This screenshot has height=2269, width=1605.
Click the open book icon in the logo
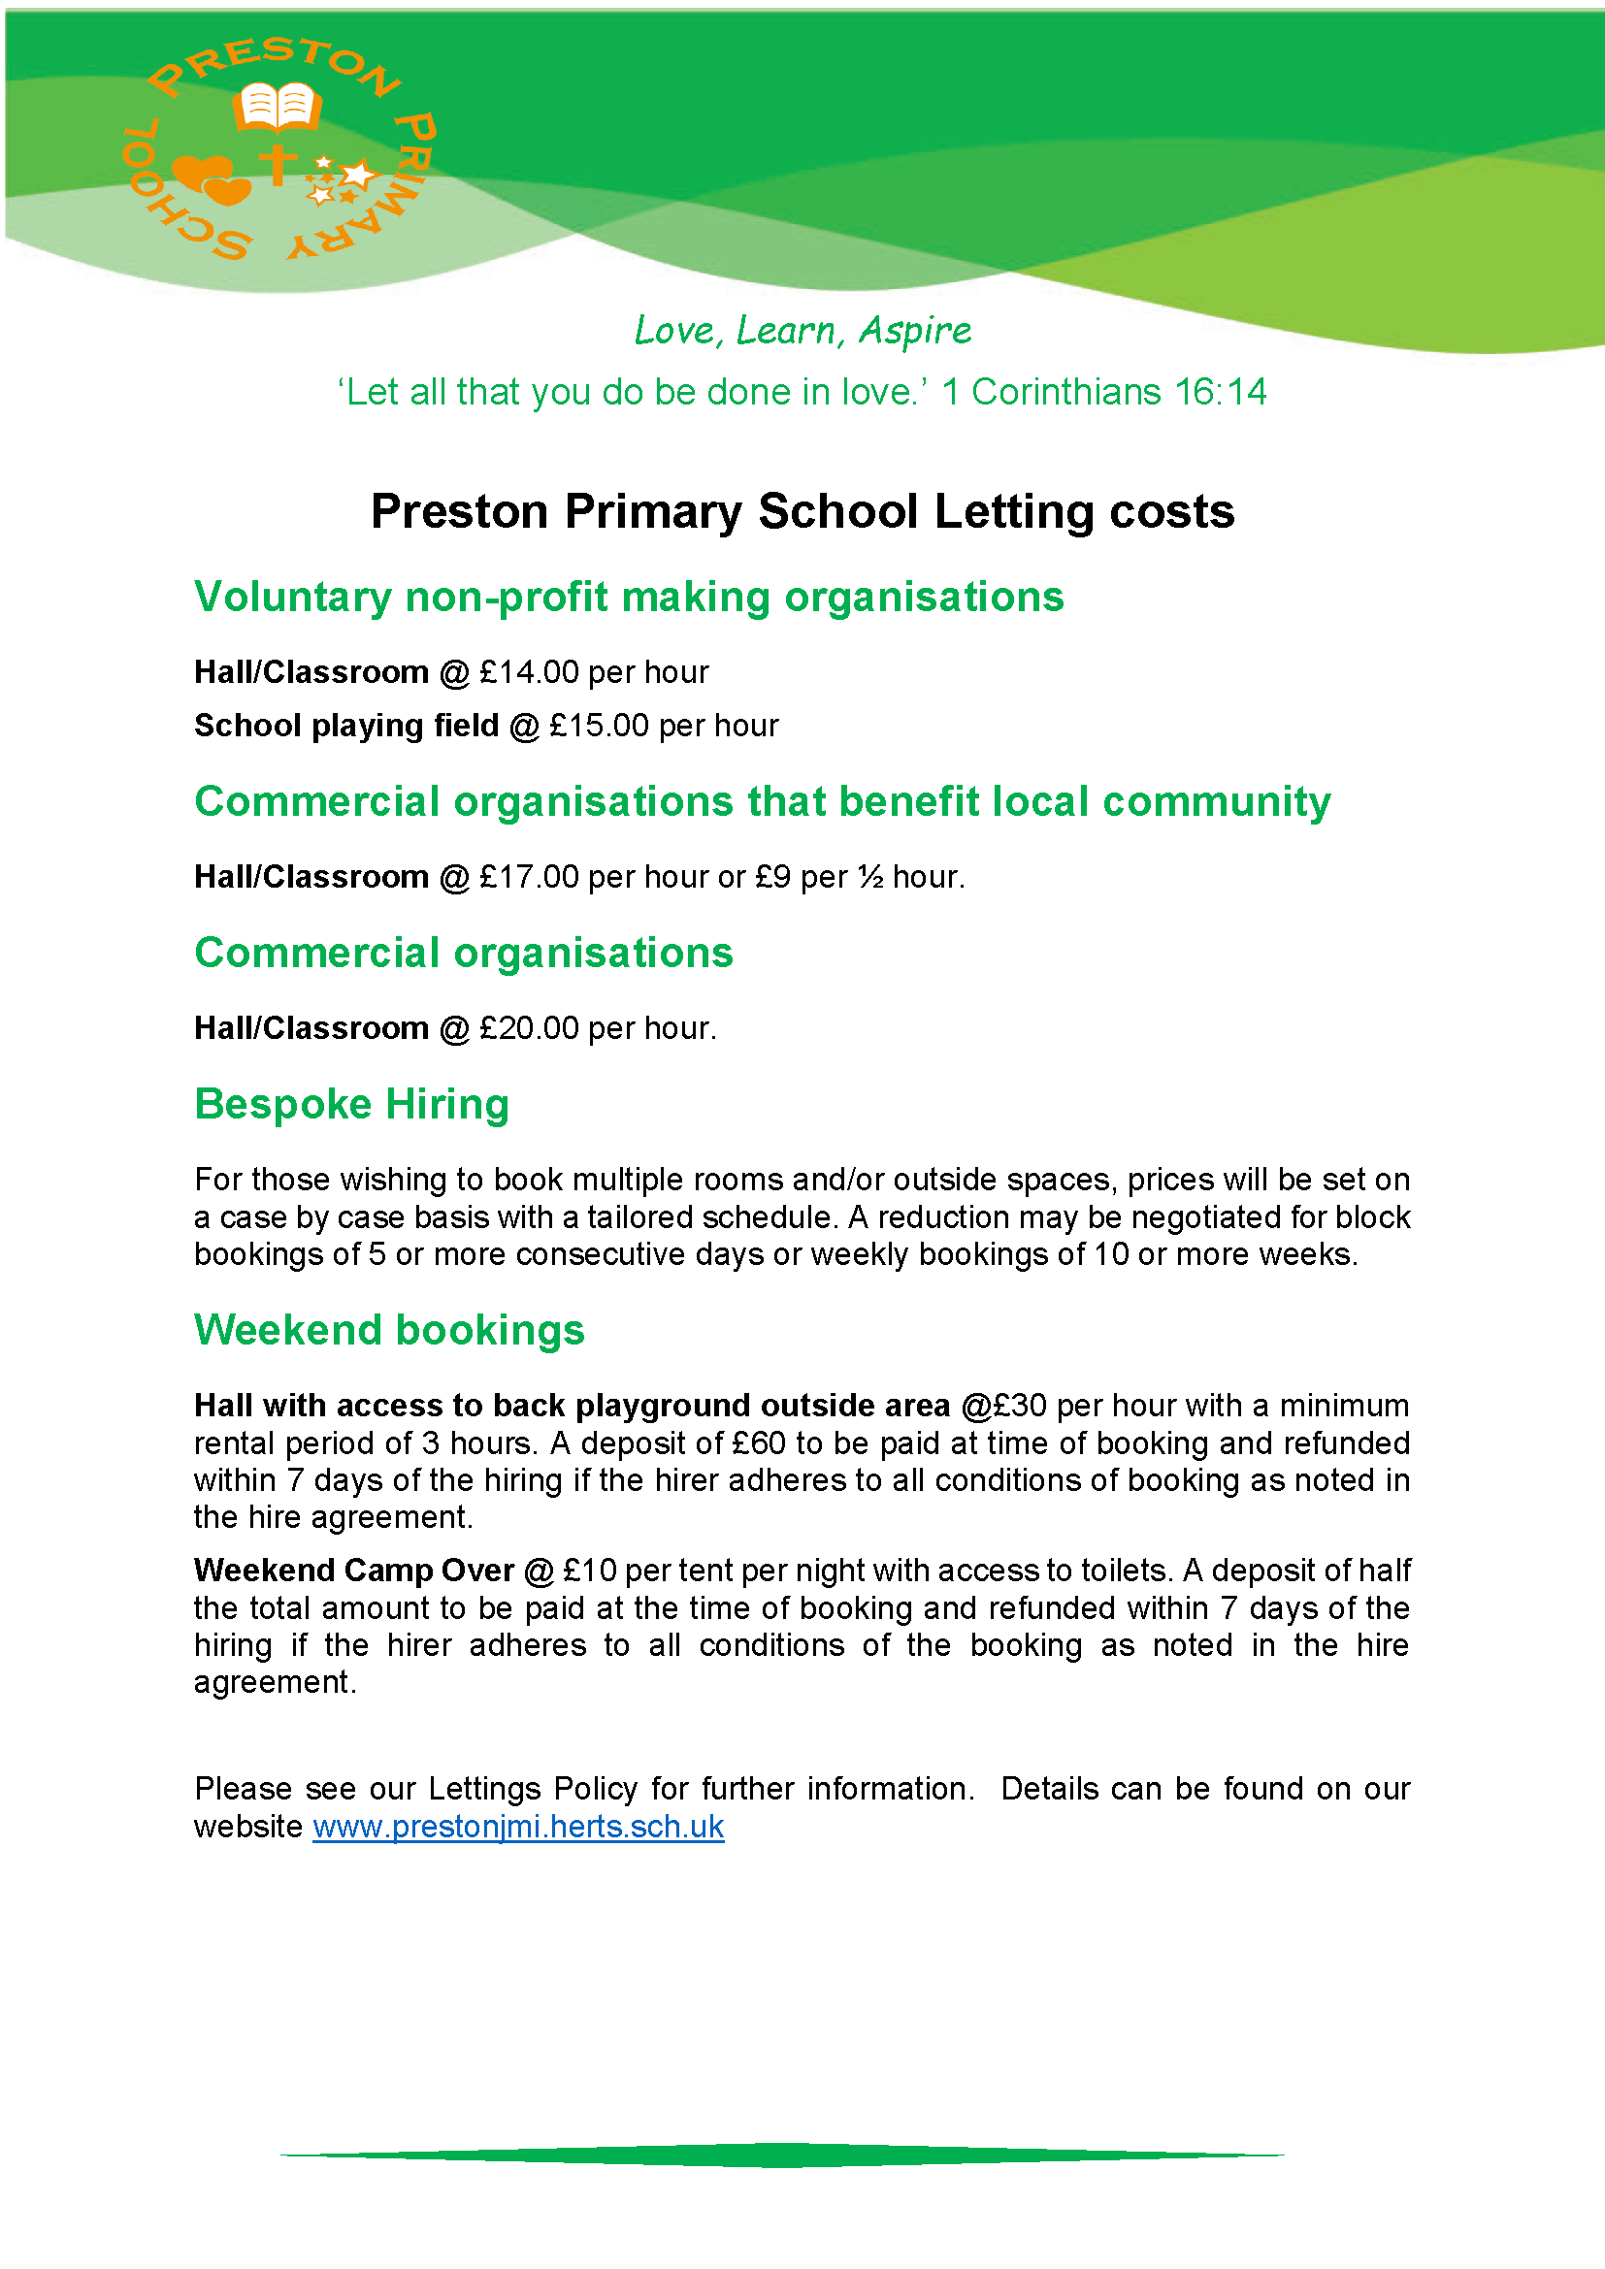pos(278,106)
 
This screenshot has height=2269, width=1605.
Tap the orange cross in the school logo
pos(278,164)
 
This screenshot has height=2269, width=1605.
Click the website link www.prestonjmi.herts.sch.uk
pos(518,1828)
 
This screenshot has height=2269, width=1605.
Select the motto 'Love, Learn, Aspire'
pos(802,330)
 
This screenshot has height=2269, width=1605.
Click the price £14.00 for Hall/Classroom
pos(529,673)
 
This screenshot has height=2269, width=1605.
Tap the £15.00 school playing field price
pos(599,727)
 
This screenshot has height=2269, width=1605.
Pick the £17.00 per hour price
pos(529,878)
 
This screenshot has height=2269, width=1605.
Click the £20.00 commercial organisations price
pos(529,1028)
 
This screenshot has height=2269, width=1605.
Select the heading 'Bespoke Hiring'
pos(352,1104)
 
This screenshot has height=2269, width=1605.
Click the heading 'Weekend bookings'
pos(389,1330)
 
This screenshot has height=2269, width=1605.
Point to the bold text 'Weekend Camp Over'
pos(354,1571)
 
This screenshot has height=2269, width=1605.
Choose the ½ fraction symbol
pos(869,878)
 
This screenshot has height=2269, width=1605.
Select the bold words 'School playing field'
pos(345,727)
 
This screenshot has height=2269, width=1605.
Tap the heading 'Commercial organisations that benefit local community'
pos(762,801)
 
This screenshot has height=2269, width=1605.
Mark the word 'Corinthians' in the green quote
pos(1065,392)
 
